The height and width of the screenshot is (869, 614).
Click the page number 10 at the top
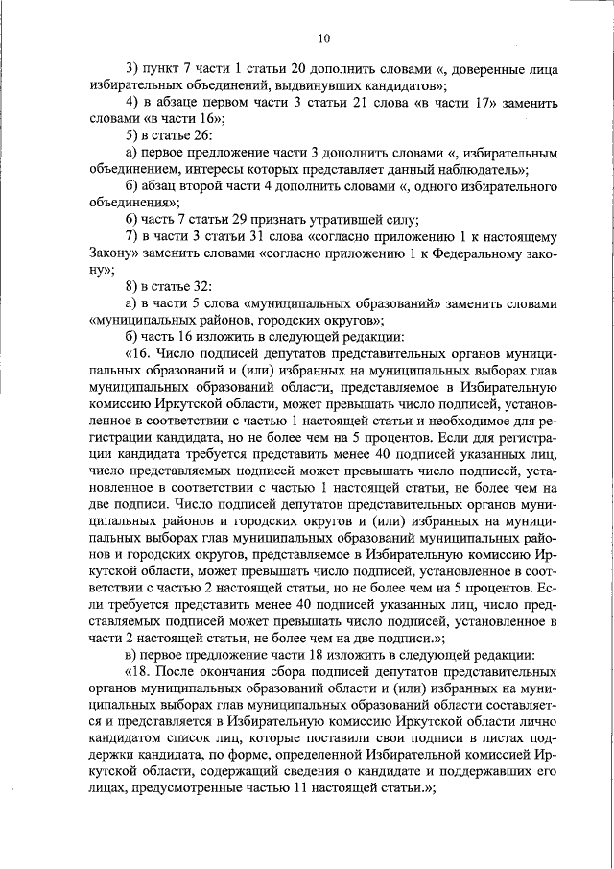tap(323, 38)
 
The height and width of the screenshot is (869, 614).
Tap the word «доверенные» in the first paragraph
tap(484, 70)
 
